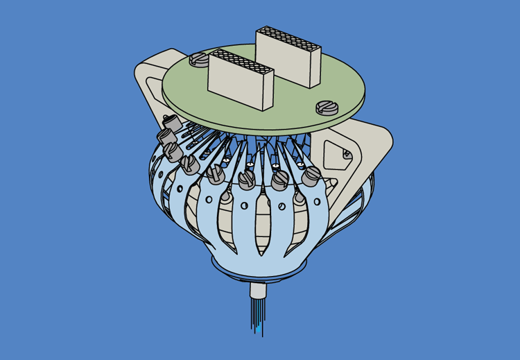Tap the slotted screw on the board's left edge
199,60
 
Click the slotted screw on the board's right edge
325,107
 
